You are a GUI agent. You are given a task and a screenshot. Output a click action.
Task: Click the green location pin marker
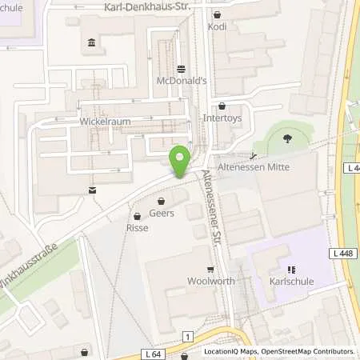pyautogui.click(x=180, y=160)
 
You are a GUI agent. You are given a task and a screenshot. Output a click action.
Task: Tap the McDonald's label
pyautogui.click(x=180, y=80)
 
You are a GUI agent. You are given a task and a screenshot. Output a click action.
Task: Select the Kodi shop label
pyautogui.click(x=217, y=26)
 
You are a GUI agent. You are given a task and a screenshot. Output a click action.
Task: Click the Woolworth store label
pyautogui.click(x=209, y=281)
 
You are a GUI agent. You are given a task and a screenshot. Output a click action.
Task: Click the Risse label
pyautogui.click(x=138, y=227)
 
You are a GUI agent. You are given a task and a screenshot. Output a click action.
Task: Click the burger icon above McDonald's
pyautogui.click(x=180, y=69)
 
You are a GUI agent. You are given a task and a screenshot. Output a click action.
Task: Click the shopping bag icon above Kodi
pyautogui.click(x=218, y=14)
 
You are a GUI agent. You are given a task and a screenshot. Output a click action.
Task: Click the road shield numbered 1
pyautogui.click(x=187, y=336)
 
